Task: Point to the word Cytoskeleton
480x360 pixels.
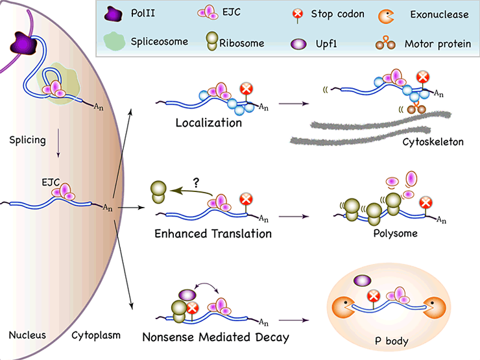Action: click(433, 141)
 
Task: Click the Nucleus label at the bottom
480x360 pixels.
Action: click(27, 335)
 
